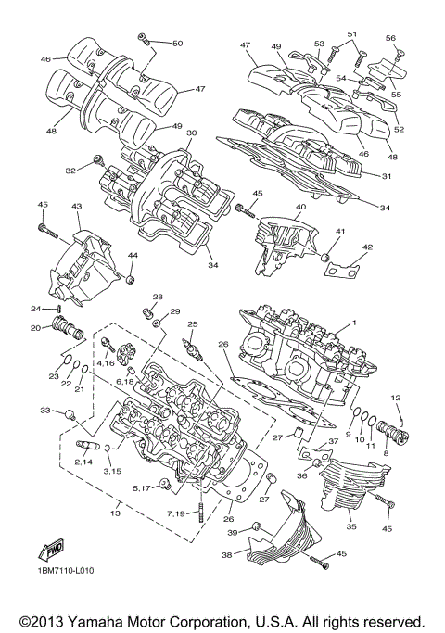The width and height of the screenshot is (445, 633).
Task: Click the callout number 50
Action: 177,44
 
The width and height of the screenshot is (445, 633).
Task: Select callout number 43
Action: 76,207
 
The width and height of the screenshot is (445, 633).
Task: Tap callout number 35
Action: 351,527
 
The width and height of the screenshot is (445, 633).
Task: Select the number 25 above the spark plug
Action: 192,324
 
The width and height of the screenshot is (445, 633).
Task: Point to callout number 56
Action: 390,38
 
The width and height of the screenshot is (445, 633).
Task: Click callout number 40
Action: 300,208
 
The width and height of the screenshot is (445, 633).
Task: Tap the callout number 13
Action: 116,513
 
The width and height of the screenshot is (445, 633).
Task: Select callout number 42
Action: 368,247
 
